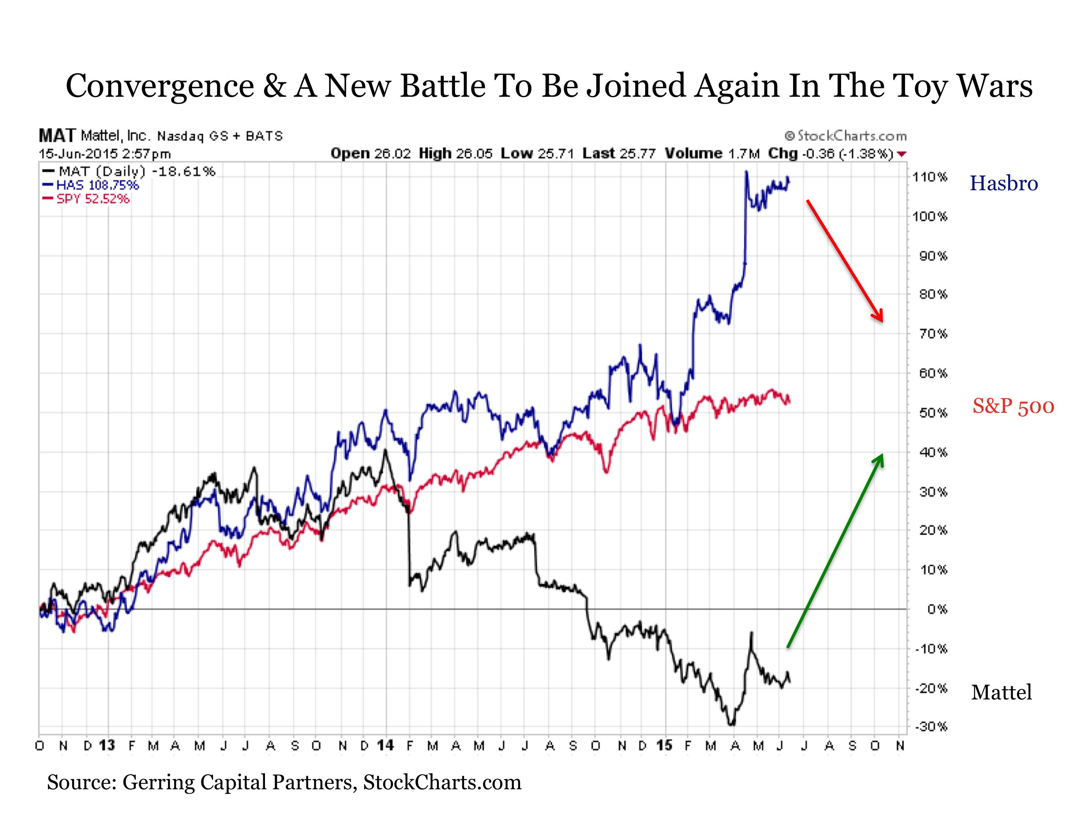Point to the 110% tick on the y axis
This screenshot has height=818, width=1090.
pos(930,177)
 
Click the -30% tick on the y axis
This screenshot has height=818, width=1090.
pos(931,727)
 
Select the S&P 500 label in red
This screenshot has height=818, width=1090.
pos(1013,407)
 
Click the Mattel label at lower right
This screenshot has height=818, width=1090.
pos(1001,693)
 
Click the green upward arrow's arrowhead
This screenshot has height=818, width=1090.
pos(880,459)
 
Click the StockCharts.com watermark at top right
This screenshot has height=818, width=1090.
pos(846,136)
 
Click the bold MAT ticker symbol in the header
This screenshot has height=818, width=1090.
pos(57,136)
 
